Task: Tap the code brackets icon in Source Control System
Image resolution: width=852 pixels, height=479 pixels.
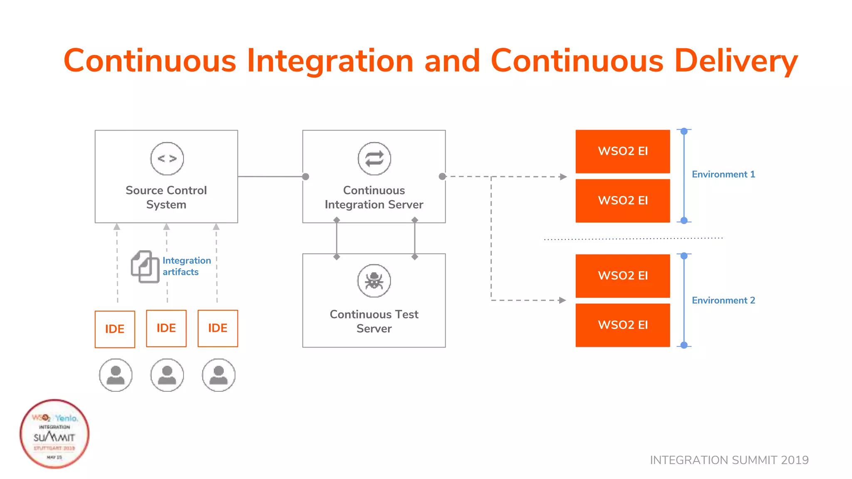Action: [x=167, y=158]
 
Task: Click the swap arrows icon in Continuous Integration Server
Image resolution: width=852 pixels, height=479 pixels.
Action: [x=374, y=158]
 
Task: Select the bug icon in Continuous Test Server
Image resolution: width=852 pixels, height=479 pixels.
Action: [x=374, y=281]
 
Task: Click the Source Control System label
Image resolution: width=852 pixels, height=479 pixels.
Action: [x=166, y=197]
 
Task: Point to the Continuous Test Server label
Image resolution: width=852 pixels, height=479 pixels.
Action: [x=374, y=321]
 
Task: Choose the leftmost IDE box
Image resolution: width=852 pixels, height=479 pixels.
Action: [x=115, y=329]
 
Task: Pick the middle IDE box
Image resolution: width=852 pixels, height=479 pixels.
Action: [x=166, y=328]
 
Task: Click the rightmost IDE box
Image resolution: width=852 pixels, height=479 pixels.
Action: [x=218, y=328]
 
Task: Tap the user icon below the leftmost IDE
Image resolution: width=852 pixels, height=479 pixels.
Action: [x=116, y=375]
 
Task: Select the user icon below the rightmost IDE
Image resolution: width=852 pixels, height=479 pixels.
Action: [x=218, y=375]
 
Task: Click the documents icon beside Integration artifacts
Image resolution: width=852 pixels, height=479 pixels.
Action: [x=145, y=267]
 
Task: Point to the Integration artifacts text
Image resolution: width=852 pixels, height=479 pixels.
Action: [x=186, y=266]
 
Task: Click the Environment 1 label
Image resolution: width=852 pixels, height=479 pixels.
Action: [x=723, y=174]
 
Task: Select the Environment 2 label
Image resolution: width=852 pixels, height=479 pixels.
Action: [x=723, y=300]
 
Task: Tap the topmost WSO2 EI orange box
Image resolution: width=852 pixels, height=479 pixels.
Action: [x=622, y=151]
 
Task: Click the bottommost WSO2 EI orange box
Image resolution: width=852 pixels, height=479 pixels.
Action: [x=622, y=325]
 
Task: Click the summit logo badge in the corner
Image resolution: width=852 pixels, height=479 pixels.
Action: [x=54, y=434]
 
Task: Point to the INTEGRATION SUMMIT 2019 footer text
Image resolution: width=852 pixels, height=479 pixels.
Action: [x=729, y=460]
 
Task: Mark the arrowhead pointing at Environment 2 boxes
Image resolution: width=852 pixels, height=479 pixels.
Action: [x=562, y=300]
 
